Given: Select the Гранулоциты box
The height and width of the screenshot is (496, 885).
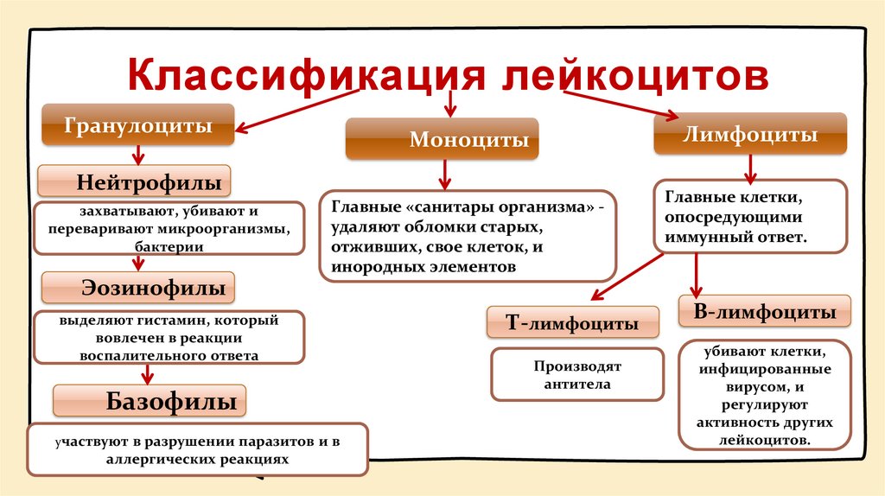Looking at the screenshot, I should click(138, 125).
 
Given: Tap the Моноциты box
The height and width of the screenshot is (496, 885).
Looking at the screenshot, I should click(442, 139).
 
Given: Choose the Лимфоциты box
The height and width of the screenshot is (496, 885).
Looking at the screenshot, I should click(750, 135).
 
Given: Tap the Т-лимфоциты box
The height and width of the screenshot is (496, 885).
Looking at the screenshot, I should click(572, 324).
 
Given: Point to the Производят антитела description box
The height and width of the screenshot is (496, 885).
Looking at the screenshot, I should click(577, 375).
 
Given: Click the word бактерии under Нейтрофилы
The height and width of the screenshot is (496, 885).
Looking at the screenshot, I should click(169, 247).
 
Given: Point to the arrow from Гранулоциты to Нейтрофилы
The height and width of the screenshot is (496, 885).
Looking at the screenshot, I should click(137, 155).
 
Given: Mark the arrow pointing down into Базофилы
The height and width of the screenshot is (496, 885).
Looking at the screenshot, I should click(148, 373).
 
